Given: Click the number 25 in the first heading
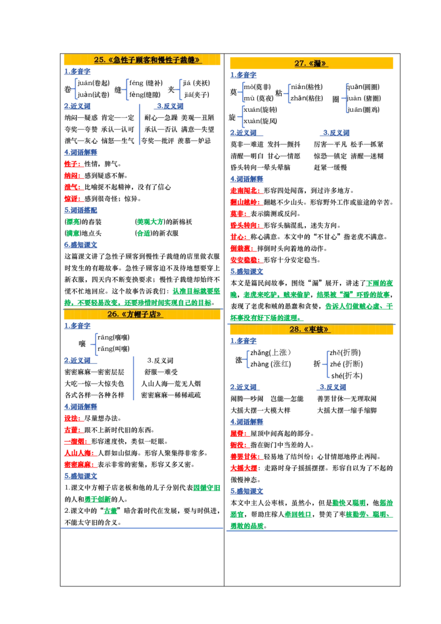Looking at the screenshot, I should pyautogui.click(x=99, y=60).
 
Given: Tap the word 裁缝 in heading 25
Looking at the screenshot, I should pyautogui.click(x=188, y=60).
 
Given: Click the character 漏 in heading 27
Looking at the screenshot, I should pyautogui.click(x=317, y=63).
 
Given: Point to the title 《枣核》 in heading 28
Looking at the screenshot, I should pyautogui.click(x=316, y=330).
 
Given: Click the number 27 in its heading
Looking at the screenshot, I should pyautogui.click(x=300, y=63).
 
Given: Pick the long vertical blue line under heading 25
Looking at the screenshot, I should pyautogui.click(x=139, y=122).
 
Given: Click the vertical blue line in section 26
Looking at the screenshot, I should pyautogui.click(x=134, y=377).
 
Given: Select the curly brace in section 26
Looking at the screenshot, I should pyautogui.click(x=95, y=343).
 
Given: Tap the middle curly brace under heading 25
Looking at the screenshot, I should pyautogui.click(x=127, y=89).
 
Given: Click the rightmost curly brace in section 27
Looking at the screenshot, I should pyautogui.click(x=346, y=98).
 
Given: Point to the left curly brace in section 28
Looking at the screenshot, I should pyautogui.click(x=248, y=359).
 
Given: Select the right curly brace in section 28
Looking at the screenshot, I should pyautogui.click(x=327, y=363).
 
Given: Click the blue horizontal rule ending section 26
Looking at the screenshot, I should pyautogui.click(x=141, y=527).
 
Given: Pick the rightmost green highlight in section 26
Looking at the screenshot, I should pyautogui.click(x=207, y=487).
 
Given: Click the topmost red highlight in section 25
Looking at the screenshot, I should pyautogui.click(x=73, y=164).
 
